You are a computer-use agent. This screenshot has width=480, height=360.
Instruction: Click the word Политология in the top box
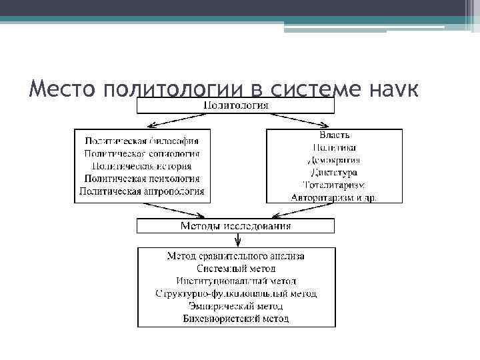[235, 105]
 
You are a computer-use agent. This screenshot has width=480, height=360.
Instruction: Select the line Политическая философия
[142, 141]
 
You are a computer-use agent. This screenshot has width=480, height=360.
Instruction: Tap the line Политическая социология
[142, 153]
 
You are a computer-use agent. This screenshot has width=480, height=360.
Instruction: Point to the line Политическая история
[142, 166]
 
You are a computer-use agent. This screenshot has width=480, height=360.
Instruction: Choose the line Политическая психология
[142, 178]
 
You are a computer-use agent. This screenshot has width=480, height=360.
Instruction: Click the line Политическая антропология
[142, 191]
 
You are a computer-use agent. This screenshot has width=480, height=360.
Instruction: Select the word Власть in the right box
[334, 135]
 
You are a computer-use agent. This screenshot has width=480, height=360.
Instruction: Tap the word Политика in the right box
[334, 147]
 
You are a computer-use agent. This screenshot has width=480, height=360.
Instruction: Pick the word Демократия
[334, 159]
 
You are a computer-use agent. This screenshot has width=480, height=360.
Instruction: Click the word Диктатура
[334, 172]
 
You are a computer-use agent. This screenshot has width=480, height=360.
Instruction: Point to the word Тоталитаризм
[334, 185]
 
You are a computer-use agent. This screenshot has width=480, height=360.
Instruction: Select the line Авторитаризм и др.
[334, 197]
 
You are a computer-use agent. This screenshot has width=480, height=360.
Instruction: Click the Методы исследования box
[235, 226]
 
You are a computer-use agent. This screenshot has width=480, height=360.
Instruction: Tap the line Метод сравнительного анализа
[235, 255]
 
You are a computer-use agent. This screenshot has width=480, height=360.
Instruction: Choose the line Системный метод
[235, 268]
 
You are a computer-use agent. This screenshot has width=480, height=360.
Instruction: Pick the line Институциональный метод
[235, 281]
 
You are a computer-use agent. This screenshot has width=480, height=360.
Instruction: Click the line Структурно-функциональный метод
[235, 293]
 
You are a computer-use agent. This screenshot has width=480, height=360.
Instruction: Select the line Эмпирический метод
[235, 306]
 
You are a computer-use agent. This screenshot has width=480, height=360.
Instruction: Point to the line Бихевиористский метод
[235, 319]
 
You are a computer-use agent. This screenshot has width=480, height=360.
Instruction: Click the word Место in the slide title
[63, 88]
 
